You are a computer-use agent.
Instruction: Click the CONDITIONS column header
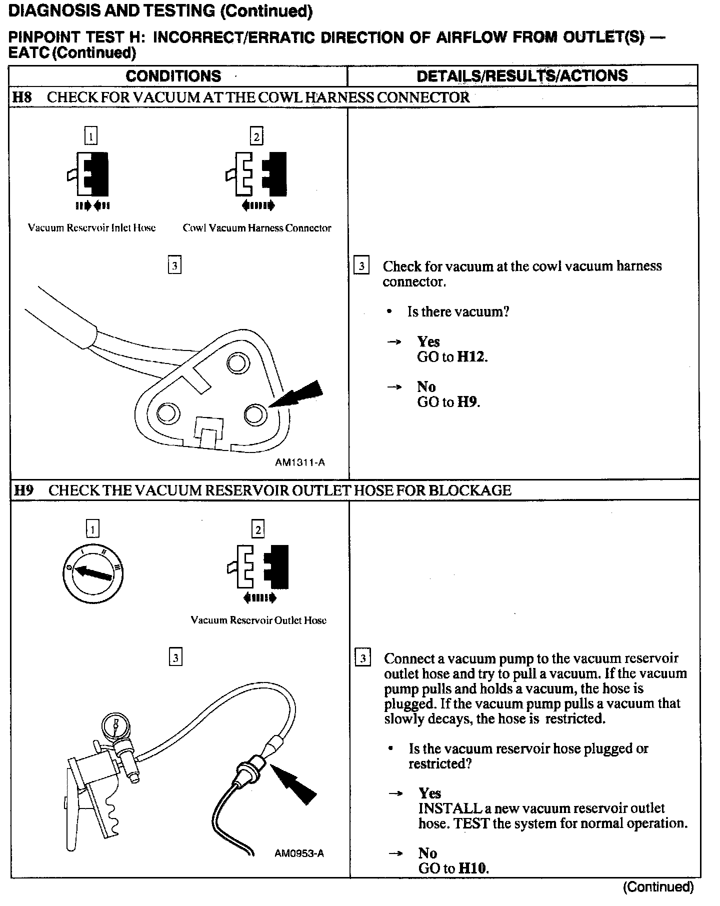point(173,76)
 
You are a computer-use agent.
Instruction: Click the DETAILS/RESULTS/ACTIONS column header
point(522,75)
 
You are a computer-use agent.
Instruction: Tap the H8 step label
point(22,97)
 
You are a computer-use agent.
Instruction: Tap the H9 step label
point(23,490)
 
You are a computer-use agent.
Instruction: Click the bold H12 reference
point(472,357)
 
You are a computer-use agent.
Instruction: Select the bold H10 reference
point(473,868)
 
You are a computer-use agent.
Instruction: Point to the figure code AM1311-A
point(300,462)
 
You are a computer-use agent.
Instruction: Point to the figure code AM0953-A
point(299,853)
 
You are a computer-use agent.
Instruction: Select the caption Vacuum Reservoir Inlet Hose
point(91,228)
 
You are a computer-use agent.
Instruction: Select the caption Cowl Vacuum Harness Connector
point(257,228)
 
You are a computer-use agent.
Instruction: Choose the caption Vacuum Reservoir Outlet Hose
point(258,620)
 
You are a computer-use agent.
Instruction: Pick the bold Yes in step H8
point(428,341)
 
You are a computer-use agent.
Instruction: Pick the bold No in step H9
point(427,853)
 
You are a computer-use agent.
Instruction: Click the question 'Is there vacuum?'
point(458,312)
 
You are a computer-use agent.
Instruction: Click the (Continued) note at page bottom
point(658,886)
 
